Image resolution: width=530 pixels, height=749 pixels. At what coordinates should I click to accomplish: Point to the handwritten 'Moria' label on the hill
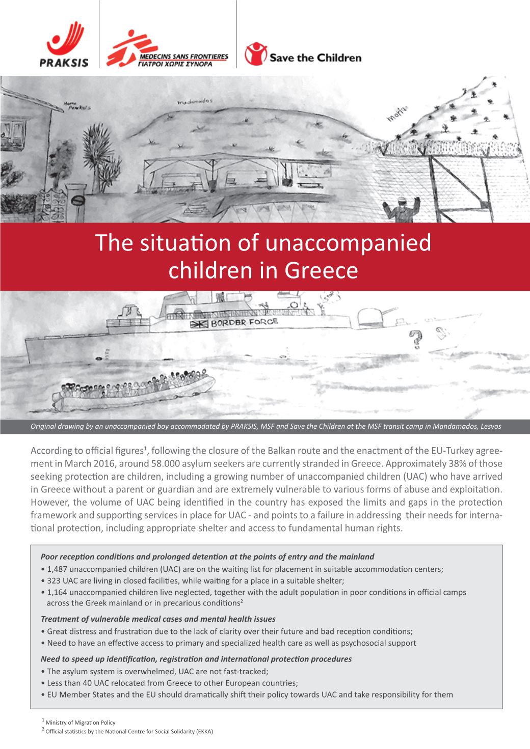[398, 117]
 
